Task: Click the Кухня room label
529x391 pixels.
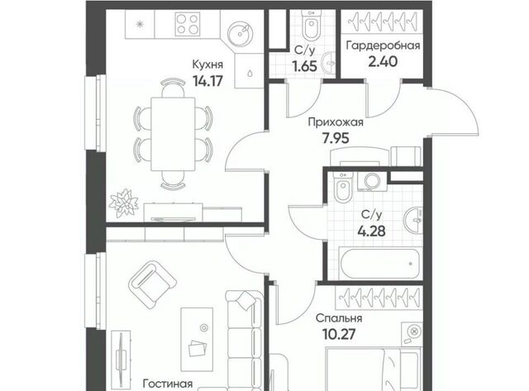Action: click(x=207, y=64)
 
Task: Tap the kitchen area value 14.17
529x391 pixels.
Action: click(x=207, y=81)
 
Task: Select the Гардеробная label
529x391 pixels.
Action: click(x=383, y=45)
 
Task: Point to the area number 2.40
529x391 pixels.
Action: click(x=383, y=62)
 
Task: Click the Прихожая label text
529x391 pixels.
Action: click(x=336, y=122)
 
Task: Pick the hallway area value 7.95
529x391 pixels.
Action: click(x=336, y=138)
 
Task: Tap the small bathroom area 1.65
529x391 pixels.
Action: click(x=305, y=66)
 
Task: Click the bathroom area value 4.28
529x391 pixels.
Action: click(x=371, y=231)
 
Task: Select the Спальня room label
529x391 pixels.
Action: click(x=339, y=318)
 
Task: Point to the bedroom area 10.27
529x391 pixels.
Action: click(x=339, y=335)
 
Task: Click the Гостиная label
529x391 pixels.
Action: click(x=168, y=384)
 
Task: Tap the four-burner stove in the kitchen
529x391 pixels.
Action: click(x=188, y=24)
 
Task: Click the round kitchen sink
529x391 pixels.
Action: click(x=240, y=33)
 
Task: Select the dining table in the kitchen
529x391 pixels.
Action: click(x=173, y=134)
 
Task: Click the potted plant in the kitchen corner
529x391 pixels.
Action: click(x=124, y=203)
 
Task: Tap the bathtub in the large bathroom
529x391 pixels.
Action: click(x=380, y=263)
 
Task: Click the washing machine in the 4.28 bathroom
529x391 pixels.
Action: click(x=372, y=182)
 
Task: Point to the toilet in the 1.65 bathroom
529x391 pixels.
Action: click(x=312, y=26)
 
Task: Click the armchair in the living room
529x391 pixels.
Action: click(x=152, y=284)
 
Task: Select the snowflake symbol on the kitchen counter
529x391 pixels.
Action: click(x=140, y=24)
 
